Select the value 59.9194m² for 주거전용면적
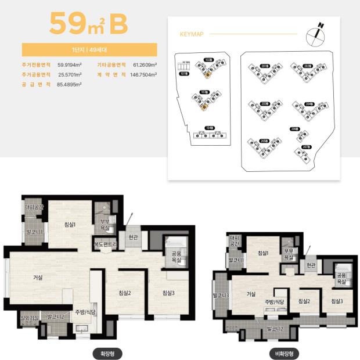pos(70,65)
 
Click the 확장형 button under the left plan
pos(107,353)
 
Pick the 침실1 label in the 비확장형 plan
pos(262,253)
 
